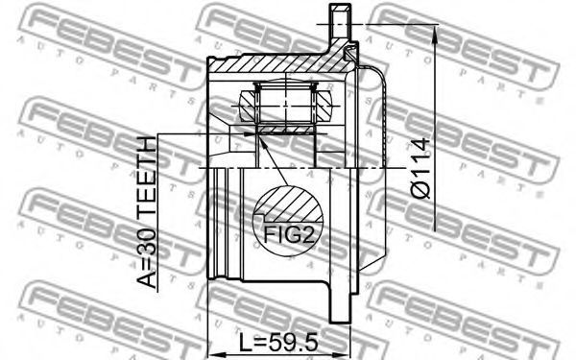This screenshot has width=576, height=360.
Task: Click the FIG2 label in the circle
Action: pos(290,235)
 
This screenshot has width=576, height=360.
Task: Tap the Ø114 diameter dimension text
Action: pos(420,168)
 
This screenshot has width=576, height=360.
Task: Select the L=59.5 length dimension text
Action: pos(278,343)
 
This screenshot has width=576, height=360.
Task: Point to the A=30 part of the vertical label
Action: pos(147,253)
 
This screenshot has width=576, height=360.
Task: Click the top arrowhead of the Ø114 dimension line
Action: pos(435,34)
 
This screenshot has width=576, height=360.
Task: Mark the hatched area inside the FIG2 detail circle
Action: pos(290,204)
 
